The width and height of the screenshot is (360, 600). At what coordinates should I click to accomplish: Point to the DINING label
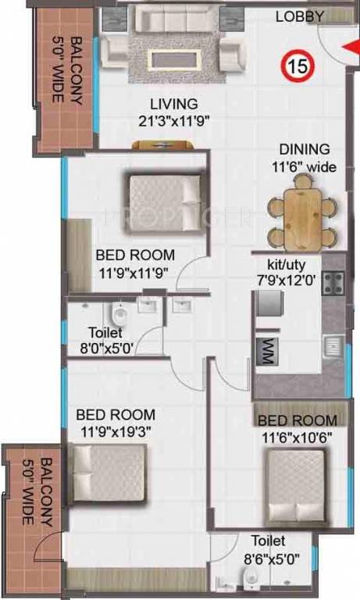click(x=305, y=149)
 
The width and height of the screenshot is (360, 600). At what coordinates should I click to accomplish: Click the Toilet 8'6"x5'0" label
click(x=268, y=547)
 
